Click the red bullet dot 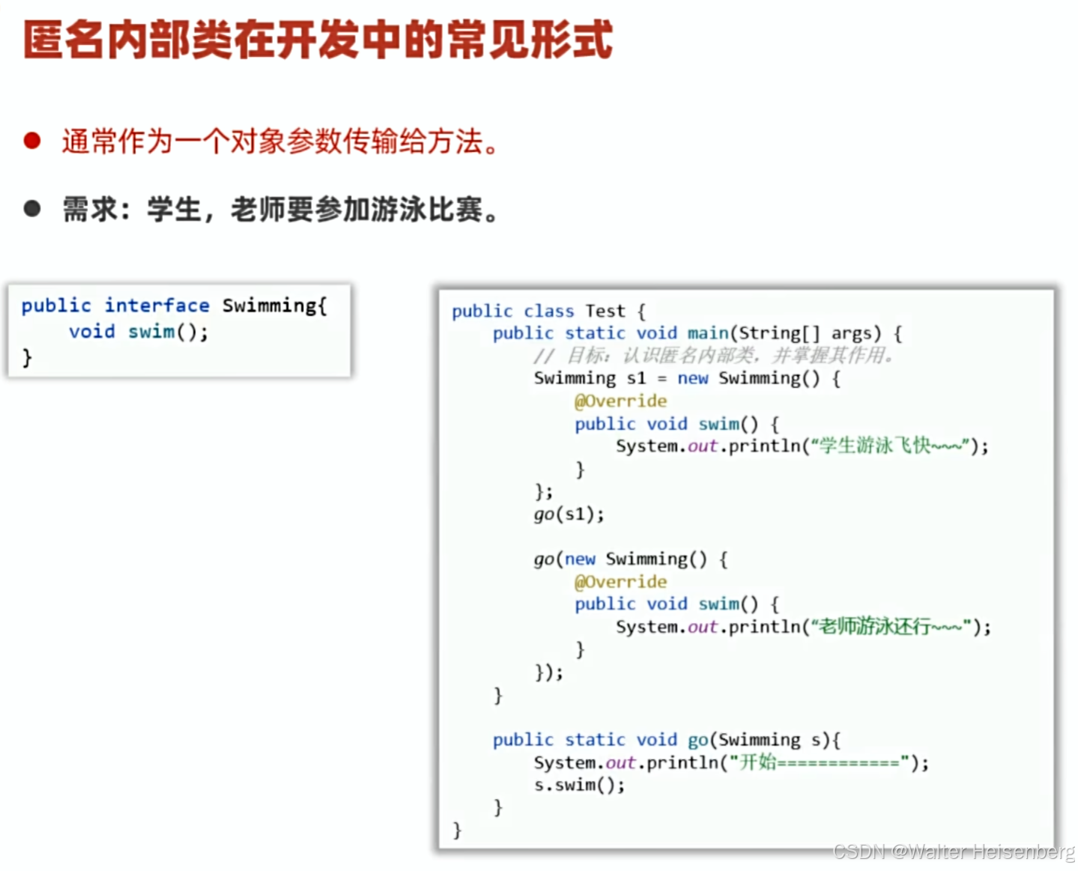(x=31, y=141)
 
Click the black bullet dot (x=31, y=208)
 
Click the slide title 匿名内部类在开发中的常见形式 (x=318, y=40)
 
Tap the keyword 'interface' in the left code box (x=157, y=306)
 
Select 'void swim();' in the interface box (x=139, y=332)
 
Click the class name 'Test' (x=605, y=311)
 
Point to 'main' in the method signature (x=708, y=333)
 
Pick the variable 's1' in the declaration (x=636, y=378)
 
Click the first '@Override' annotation (x=620, y=401)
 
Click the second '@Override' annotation (x=620, y=582)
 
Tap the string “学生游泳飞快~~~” (x=891, y=446)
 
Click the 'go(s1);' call (x=569, y=515)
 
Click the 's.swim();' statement (x=579, y=785)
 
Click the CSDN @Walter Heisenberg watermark (x=954, y=852)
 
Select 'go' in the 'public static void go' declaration (x=697, y=740)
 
